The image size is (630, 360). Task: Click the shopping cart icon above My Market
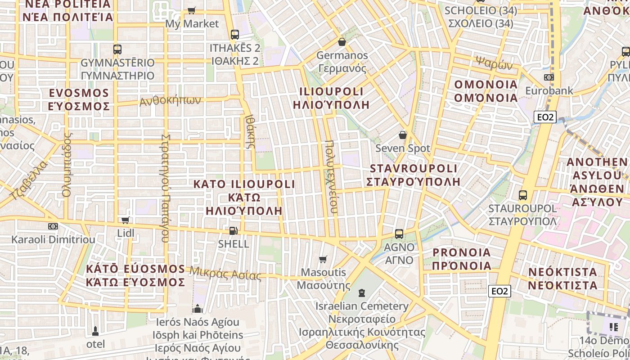click(x=192, y=10)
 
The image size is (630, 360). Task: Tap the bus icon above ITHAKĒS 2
click(x=234, y=34)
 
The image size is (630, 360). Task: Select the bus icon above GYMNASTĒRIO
click(x=117, y=49)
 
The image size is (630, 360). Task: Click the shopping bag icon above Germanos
click(x=342, y=42)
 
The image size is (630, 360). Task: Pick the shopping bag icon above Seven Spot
click(x=403, y=135)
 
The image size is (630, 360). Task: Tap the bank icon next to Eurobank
click(x=549, y=77)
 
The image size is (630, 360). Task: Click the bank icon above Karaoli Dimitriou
click(x=53, y=226)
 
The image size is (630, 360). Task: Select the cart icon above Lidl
click(x=126, y=220)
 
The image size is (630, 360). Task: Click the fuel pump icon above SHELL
click(x=233, y=231)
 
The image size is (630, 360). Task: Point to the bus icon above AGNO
click(x=399, y=234)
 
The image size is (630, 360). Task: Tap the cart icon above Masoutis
click(x=323, y=259)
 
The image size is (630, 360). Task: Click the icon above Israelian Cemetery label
click(x=361, y=293)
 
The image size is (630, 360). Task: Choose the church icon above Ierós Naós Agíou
click(x=197, y=309)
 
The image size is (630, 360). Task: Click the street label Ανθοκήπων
click(x=170, y=100)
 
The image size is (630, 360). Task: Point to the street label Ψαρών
click(x=494, y=64)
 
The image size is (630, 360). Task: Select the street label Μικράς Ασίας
click(x=225, y=273)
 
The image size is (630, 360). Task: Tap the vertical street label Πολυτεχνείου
click(x=331, y=179)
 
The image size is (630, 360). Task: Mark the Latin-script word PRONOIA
click(x=462, y=252)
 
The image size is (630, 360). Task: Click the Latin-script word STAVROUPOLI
click(x=413, y=169)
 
